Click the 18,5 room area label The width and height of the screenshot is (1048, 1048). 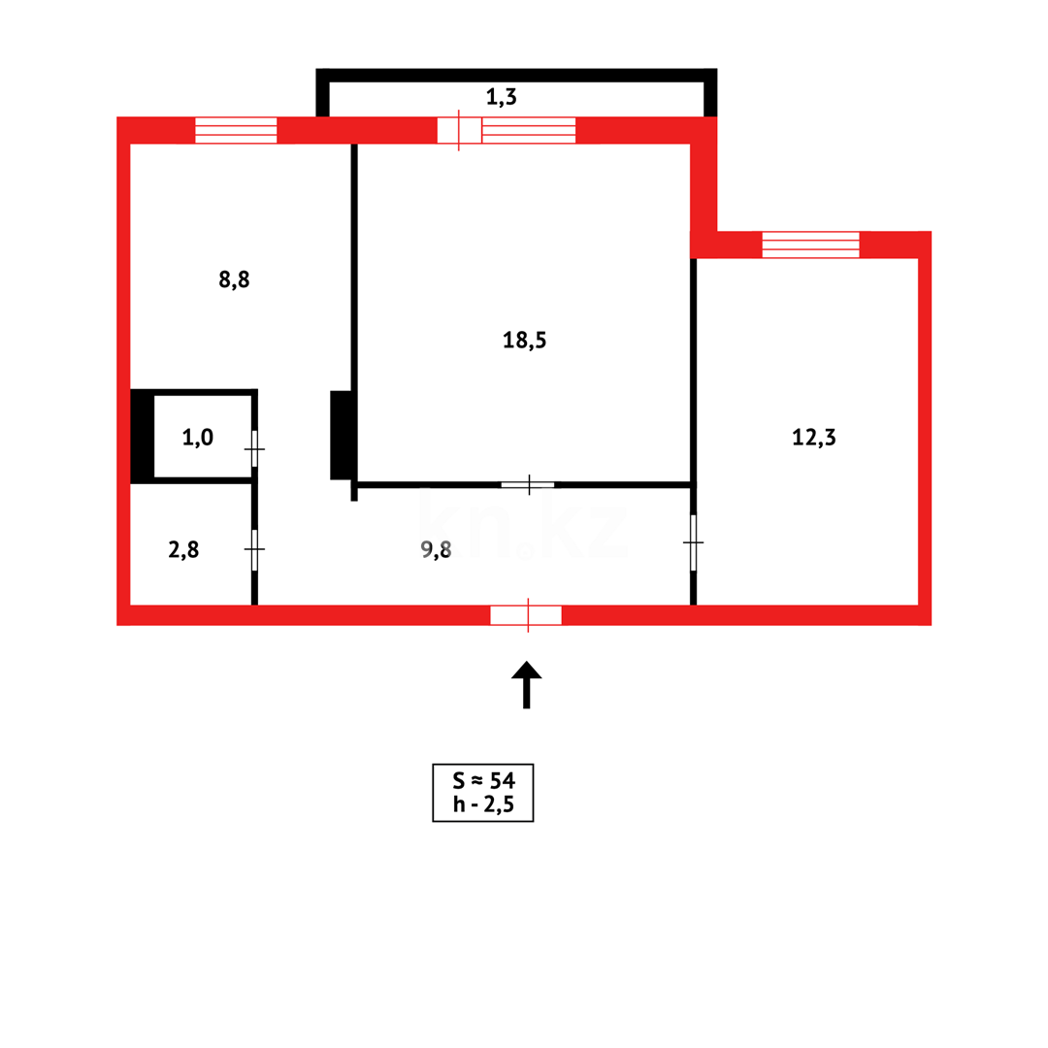[x=524, y=340]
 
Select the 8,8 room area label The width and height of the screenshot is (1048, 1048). [x=234, y=279]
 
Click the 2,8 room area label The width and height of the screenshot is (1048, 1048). [x=183, y=549]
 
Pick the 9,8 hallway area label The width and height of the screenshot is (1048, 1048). [x=436, y=550]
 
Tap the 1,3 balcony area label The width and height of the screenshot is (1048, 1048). [x=502, y=96]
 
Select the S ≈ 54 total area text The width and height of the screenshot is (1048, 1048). [x=482, y=779]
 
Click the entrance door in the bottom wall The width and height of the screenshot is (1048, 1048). [x=526, y=615]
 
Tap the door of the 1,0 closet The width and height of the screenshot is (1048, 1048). [x=254, y=449]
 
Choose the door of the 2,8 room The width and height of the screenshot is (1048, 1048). [x=254, y=549]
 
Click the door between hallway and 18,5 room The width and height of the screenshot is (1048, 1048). [x=528, y=484]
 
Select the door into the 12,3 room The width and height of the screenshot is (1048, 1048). [x=693, y=542]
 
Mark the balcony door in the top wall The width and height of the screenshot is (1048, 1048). [x=459, y=130]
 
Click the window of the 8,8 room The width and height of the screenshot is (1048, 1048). [x=236, y=130]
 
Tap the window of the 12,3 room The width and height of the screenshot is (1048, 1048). [x=810, y=245]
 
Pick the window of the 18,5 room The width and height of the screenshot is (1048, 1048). [x=529, y=130]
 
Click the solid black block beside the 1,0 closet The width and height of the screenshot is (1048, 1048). [x=142, y=436]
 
